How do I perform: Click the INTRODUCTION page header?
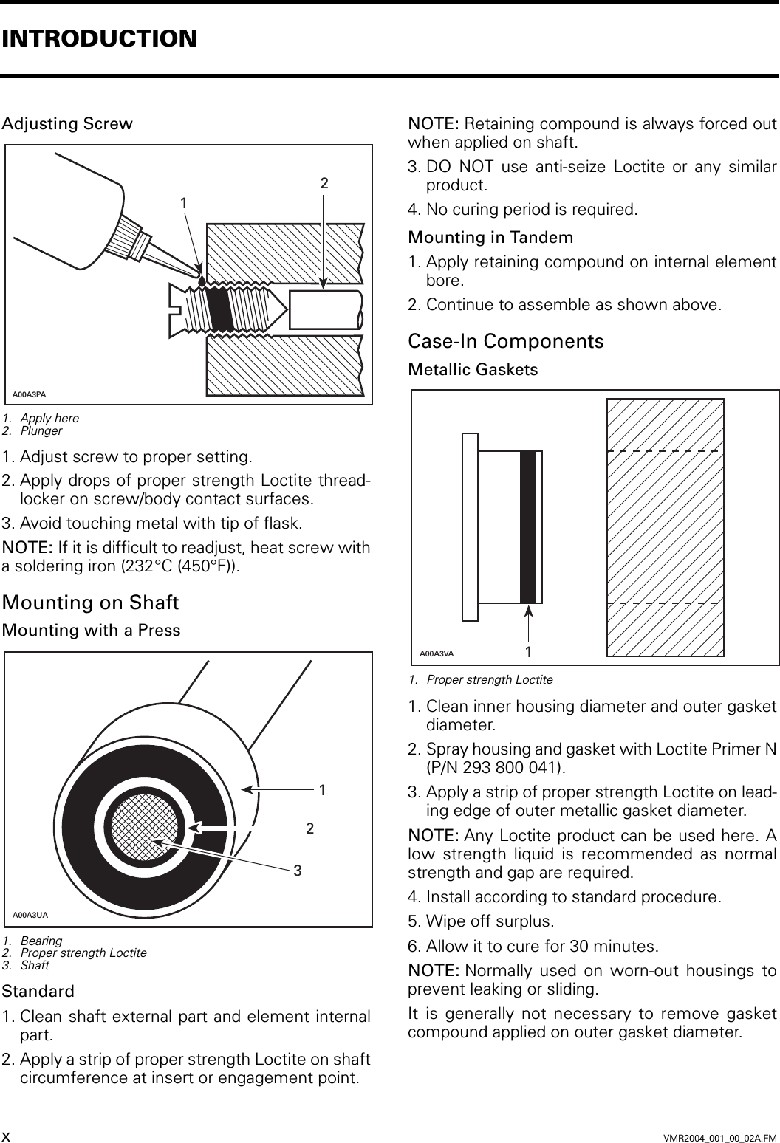click(100, 38)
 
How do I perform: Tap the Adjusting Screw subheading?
click(67, 123)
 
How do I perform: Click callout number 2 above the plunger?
click(324, 182)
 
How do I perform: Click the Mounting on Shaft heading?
click(90, 603)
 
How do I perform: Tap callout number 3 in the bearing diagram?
click(298, 871)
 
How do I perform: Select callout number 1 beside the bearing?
click(323, 789)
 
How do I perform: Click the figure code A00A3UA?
click(30, 915)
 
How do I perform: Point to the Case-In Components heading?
click(506, 341)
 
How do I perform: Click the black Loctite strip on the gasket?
click(527, 526)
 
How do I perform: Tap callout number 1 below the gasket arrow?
click(529, 652)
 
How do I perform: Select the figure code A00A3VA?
click(437, 653)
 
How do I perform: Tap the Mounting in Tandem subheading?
click(490, 238)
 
